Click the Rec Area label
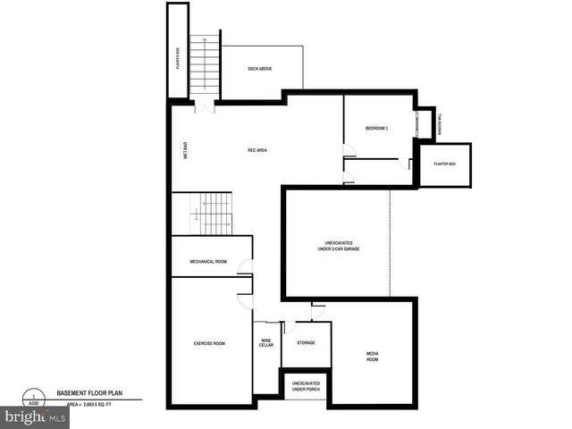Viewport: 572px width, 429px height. (x=257, y=150)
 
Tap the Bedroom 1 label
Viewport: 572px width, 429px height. (x=376, y=129)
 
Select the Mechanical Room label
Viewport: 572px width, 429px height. (x=208, y=262)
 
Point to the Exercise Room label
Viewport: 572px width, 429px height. (x=208, y=344)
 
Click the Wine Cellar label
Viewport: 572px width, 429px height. (x=266, y=343)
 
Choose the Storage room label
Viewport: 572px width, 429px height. (x=306, y=343)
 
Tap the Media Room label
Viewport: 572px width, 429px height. (x=373, y=356)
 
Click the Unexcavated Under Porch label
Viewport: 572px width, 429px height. (x=306, y=386)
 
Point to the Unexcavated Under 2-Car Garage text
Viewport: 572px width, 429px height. (x=336, y=247)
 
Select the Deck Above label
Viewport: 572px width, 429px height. (x=259, y=69)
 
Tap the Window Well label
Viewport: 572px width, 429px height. (x=440, y=125)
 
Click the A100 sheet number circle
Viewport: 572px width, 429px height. (x=34, y=399)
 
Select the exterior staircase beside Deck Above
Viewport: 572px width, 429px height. (x=206, y=68)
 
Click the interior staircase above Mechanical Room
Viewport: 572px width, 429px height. (x=214, y=214)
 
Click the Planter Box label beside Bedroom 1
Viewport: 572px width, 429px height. (x=445, y=164)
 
